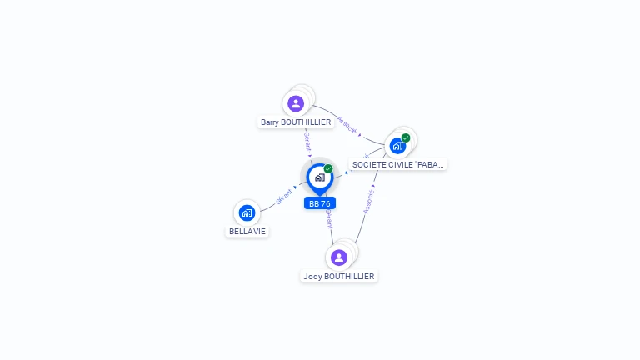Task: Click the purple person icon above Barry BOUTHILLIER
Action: point(296,104)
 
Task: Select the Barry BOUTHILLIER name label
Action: point(296,122)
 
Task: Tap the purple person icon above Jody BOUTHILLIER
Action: point(338,257)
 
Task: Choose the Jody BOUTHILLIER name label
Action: point(338,276)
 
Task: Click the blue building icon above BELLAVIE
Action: point(247,212)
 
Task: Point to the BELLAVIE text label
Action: point(248,231)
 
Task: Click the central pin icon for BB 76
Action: point(319,177)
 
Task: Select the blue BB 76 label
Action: point(320,203)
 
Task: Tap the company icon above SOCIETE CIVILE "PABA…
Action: point(397,146)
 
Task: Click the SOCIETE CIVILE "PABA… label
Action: point(398,164)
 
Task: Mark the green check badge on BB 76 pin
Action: point(328,169)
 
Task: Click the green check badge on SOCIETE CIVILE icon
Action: point(406,137)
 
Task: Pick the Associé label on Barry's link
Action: point(347,123)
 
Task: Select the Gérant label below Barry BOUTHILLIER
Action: point(307,141)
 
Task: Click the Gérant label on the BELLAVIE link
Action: point(283,197)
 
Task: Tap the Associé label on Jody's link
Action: point(368,202)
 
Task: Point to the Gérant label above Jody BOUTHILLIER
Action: point(329,219)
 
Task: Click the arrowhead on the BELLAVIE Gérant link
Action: point(295,187)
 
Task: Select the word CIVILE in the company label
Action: point(394,164)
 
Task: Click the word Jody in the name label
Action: point(312,276)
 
